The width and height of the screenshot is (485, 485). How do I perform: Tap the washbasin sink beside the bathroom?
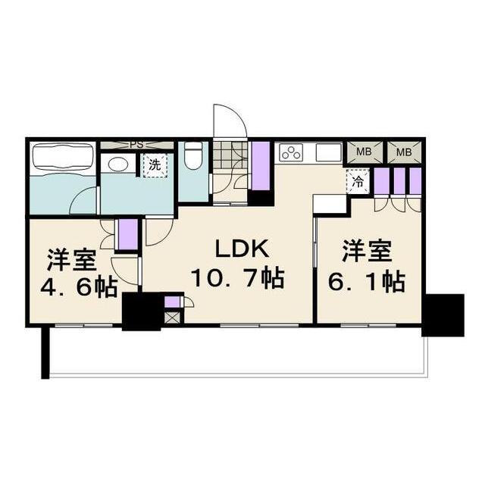117,164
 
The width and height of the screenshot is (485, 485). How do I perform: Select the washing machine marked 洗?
155,164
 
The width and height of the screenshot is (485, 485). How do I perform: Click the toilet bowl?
192,158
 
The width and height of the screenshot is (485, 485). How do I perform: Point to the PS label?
136,144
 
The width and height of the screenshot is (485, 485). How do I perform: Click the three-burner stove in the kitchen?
291,152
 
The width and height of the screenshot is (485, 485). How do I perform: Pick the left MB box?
364,152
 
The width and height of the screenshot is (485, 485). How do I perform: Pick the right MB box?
404,152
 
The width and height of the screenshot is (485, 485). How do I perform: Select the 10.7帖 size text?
236,279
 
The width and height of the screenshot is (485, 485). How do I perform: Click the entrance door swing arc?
230,120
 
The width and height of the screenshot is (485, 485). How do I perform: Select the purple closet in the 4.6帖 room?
127,233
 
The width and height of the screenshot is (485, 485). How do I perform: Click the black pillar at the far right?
443,314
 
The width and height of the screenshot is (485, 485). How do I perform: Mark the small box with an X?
172,317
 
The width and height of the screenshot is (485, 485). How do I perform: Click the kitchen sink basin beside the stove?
328,152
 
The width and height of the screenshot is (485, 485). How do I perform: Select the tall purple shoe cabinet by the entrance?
260,166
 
